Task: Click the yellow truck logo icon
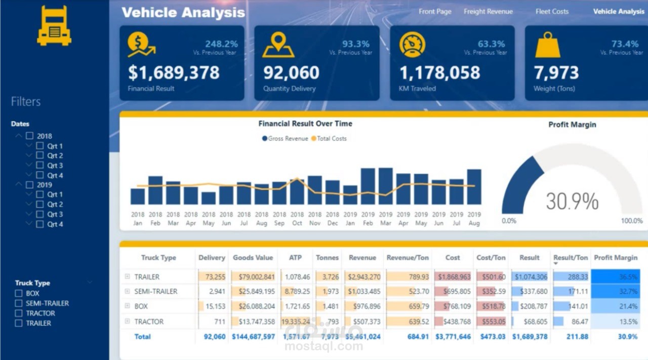pyautogui.click(x=54, y=26)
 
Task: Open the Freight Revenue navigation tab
pyautogui.click(x=488, y=12)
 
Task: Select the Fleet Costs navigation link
pyautogui.click(x=552, y=12)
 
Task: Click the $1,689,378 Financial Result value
pyautogui.click(x=174, y=73)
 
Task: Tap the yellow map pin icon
pyautogui.click(x=278, y=45)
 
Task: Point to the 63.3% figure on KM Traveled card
pyautogui.click(x=491, y=44)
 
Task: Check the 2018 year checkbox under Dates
pyautogui.click(x=30, y=136)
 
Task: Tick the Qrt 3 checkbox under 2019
pyautogui.click(x=40, y=214)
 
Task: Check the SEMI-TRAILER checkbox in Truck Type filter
pyautogui.click(x=19, y=303)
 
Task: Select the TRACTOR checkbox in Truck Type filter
pyautogui.click(x=19, y=313)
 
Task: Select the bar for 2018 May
pyautogui.click(x=209, y=198)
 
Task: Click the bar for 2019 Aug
pyautogui.click(x=474, y=187)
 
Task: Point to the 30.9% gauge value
pyautogui.click(x=572, y=202)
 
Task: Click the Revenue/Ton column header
pyautogui.click(x=408, y=258)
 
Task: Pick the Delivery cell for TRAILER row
pyautogui.click(x=212, y=277)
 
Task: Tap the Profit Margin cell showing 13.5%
pyautogui.click(x=615, y=322)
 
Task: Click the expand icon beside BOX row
pyautogui.click(x=128, y=306)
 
